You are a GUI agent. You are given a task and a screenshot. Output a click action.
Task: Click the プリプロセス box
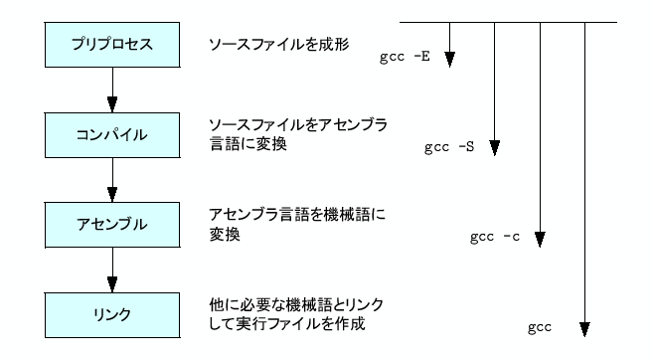[112, 46]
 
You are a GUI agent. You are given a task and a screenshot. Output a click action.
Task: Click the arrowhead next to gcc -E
[449, 60]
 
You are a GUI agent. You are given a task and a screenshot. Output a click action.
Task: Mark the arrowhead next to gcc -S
[494, 150]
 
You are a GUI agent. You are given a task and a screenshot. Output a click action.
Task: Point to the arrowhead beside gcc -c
[539, 240]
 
